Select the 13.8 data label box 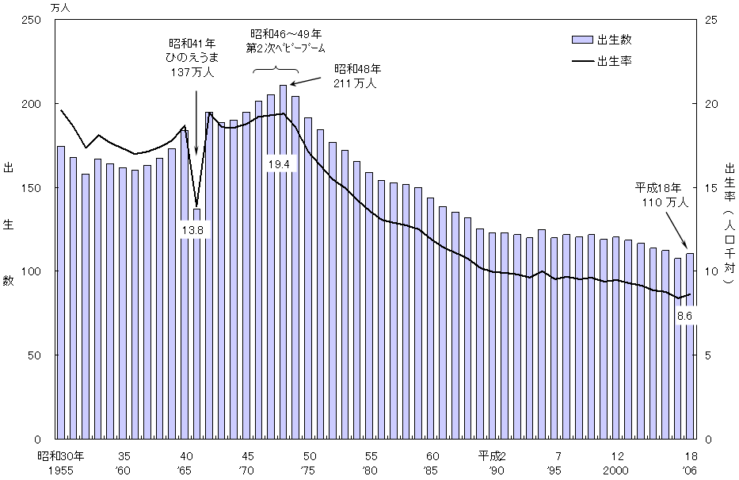pyautogui.click(x=196, y=231)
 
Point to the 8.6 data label pyautogui.click(x=685, y=316)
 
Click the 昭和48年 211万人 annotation pyautogui.click(x=357, y=75)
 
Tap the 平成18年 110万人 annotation pyautogui.click(x=661, y=196)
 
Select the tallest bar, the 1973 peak pyautogui.click(x=283, y=262)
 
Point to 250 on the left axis pyautogui.click(x=32, y=20)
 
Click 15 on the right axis pyautogui.click(x=711, y=187)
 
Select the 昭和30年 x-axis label pyautogui.click(x=65, y=456)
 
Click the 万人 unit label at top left pyautogui.click(x=59, y=7)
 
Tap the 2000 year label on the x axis pyautogui.click(x=617, y=470)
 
